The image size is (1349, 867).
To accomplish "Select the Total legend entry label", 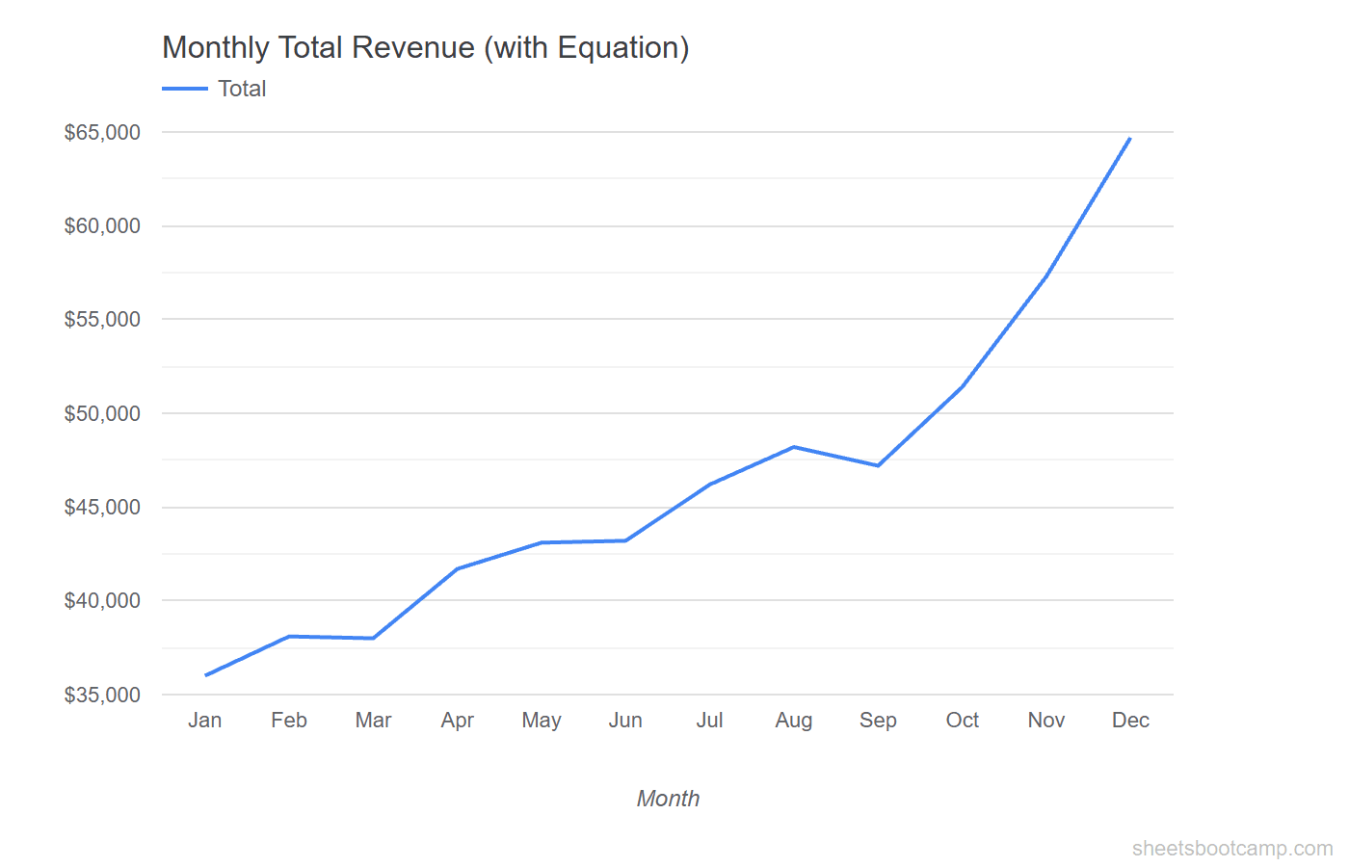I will click(242, 89).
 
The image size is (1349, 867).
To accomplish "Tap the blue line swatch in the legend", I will click(185, 89).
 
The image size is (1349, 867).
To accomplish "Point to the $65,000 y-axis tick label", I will click(102, 132).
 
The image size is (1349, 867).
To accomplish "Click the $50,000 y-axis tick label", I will click(102, 413).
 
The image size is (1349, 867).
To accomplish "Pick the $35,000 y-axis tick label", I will click(102, 695).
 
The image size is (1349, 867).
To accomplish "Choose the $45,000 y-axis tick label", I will click(102, 507).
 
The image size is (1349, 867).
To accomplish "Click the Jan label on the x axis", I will click(205, 721).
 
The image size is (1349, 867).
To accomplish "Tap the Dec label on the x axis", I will click(1130, 721).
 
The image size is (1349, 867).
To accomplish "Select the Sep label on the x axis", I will click(878, 721).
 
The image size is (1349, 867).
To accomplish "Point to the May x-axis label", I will click(542, 721).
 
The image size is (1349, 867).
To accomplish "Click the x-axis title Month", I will click(668, 799).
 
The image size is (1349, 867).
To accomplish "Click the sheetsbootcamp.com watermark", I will click(1232, 848).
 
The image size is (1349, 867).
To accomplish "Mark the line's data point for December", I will click(1129, 139).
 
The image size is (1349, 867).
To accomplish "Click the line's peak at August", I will click(794, 447).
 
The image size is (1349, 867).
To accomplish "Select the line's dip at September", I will click(878, 465).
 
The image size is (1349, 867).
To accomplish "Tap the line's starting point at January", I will click(206, 675).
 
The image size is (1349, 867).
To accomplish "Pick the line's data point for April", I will click(458, 568).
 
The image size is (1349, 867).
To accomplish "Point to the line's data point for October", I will click(963, 386).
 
